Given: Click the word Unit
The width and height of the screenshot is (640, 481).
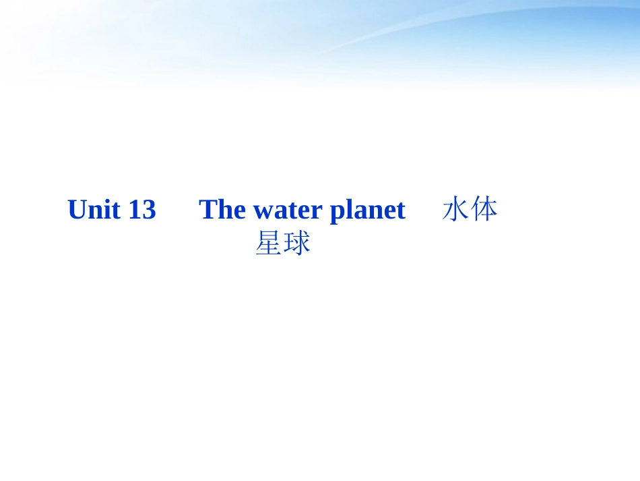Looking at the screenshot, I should [x=94, y=210].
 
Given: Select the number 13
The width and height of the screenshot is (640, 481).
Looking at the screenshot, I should [x=142, y=210].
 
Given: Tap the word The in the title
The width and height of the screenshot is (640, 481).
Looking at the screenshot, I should [x=222, y=210].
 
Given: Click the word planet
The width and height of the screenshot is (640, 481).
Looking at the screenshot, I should [x=367, y=211].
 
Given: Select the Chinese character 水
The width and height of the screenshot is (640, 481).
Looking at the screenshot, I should [x=455, y=209].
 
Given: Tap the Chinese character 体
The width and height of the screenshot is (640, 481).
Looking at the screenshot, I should [x=484, y=209].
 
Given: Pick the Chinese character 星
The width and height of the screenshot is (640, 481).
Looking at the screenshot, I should [x=268, y=244].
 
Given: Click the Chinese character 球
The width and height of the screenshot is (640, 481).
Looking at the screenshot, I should [x=297, y=244].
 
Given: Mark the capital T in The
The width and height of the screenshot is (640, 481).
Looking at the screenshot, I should [x=208, y=210].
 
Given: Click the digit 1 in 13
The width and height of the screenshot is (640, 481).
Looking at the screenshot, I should [x=134, y=210].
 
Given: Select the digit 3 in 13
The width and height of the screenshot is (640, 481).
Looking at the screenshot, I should [x=148, y=210].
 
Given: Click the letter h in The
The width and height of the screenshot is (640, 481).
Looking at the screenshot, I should [x=224, y=210].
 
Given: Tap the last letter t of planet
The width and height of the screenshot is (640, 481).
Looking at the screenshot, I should [x=400, y=211].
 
